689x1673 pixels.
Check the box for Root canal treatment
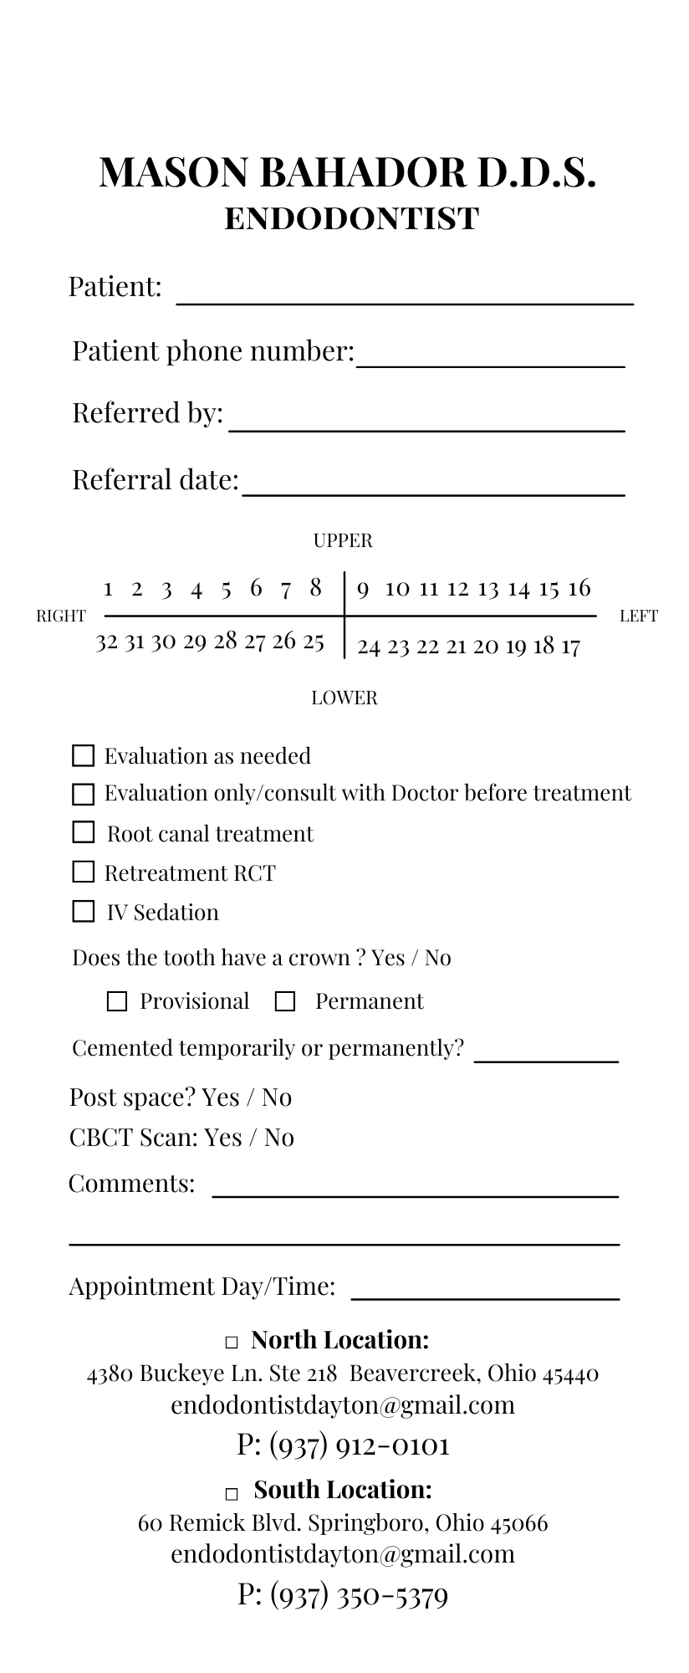84,832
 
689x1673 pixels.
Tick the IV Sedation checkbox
84,911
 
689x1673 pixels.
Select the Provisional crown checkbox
117,1001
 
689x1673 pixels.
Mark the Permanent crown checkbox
285,1001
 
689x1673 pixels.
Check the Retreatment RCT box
84,872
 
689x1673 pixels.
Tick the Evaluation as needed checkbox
84,755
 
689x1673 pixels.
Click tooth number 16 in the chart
579,588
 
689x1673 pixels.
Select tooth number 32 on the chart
107,642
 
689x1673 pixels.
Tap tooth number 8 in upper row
315,588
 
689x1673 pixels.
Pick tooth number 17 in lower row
569,647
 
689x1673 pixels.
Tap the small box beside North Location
232,1342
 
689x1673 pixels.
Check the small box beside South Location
232,1493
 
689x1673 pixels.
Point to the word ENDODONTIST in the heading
352,219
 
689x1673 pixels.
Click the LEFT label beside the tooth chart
639,617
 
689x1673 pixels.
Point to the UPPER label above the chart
343,540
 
